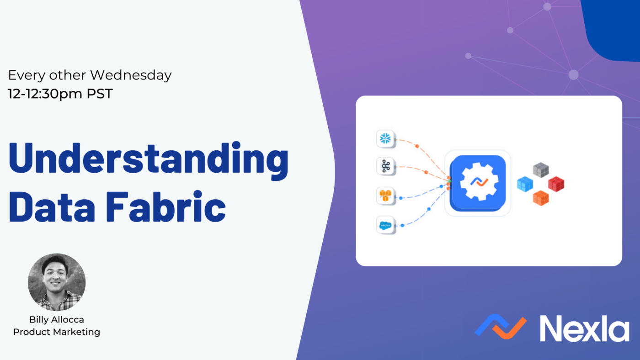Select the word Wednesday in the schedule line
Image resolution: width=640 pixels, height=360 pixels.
(x=130, y=75)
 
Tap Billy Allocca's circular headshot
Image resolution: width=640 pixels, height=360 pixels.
(x=57, y=282)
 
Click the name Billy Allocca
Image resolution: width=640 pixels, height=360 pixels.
(x=57, y=320)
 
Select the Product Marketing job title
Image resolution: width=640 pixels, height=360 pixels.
(x=57, y=332)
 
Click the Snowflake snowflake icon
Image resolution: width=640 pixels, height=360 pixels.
(x=386, y=138)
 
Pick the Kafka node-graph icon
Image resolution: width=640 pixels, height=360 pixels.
(x=386, y=166)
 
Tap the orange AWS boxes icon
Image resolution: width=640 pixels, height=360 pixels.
(x=386, y=196)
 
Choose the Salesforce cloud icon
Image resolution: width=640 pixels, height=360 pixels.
(x=386, y=225)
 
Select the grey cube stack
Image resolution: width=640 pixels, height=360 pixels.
(x=540, y=170)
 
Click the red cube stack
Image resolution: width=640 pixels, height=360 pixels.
(x=556, y=184)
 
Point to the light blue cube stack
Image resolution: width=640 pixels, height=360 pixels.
(x=525, y=184)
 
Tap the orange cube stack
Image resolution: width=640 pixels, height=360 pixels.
(x=540, y=198)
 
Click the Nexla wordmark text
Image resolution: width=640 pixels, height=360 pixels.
(x=584, y=328)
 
